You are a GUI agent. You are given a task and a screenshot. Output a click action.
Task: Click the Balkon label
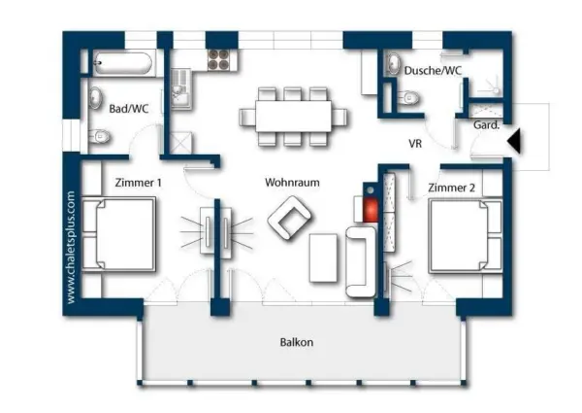297,342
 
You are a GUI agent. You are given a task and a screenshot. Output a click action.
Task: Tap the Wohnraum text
292,182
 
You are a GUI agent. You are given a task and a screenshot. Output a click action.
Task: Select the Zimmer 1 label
138,182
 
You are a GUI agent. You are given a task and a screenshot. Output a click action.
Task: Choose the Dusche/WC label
433,71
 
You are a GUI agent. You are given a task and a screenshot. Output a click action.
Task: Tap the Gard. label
485,125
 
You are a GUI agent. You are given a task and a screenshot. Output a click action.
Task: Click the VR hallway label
415,143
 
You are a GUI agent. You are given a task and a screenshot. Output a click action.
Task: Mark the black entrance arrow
514,141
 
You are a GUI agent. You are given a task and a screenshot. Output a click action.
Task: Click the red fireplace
370,207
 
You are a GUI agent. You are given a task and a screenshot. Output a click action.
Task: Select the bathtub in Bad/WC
120,64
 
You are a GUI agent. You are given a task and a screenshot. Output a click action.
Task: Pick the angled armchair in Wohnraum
289,218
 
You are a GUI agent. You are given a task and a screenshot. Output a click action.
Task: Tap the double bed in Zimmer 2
465,237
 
